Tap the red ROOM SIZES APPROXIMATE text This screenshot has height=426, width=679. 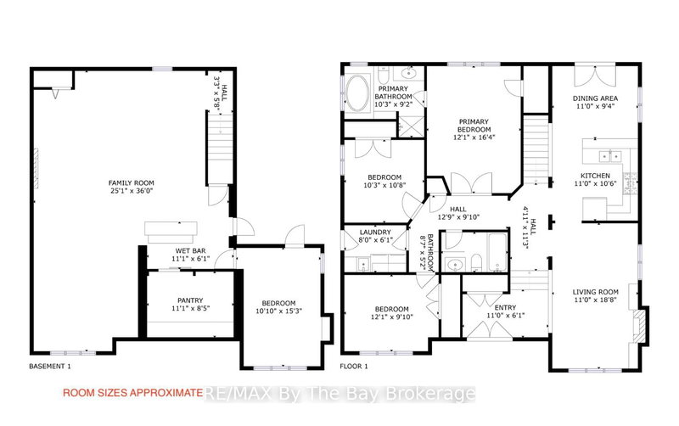(x=132, y=393)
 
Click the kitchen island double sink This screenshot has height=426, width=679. (x=608, y=154)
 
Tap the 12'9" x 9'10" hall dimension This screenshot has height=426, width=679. (x=458, y=216)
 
